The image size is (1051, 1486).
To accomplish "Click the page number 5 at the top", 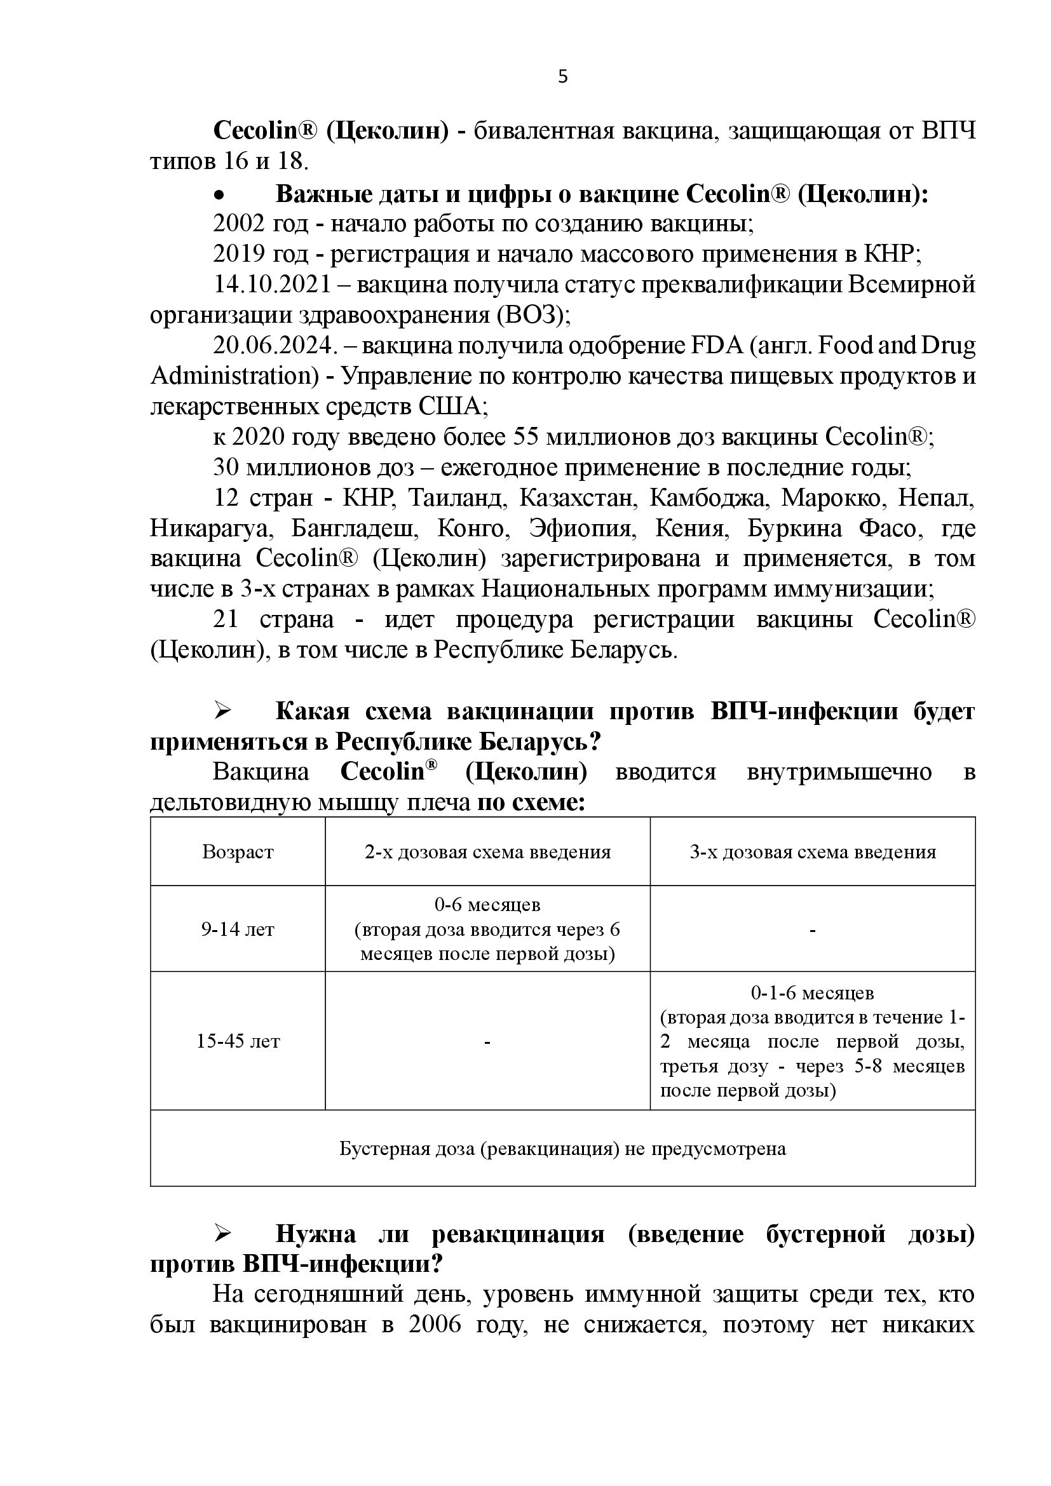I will click(562, 77).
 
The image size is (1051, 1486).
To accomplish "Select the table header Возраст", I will click(238, 852).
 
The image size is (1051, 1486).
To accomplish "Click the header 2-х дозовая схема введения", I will click(487, 852).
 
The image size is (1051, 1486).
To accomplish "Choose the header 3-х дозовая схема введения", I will click(812, 852).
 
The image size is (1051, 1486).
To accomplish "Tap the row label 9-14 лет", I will click(238, 929).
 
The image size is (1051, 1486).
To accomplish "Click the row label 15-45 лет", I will click(238, 1041).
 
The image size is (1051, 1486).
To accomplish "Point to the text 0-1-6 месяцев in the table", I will click(812, 993).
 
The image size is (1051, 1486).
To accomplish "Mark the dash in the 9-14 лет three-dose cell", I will click(812, 930).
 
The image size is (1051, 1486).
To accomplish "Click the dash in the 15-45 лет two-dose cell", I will click(487, 1042).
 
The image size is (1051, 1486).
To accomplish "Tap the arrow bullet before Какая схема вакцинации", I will click(223, 711).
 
